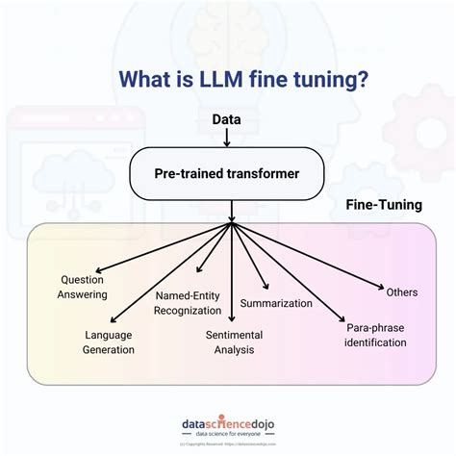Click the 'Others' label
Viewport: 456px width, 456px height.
402,291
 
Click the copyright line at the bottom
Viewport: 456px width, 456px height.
228,445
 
